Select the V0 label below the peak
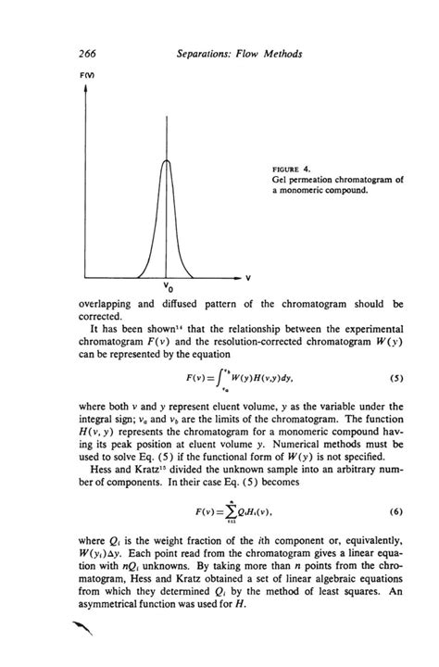tap(166, 287)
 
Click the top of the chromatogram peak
tap(167, 161)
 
